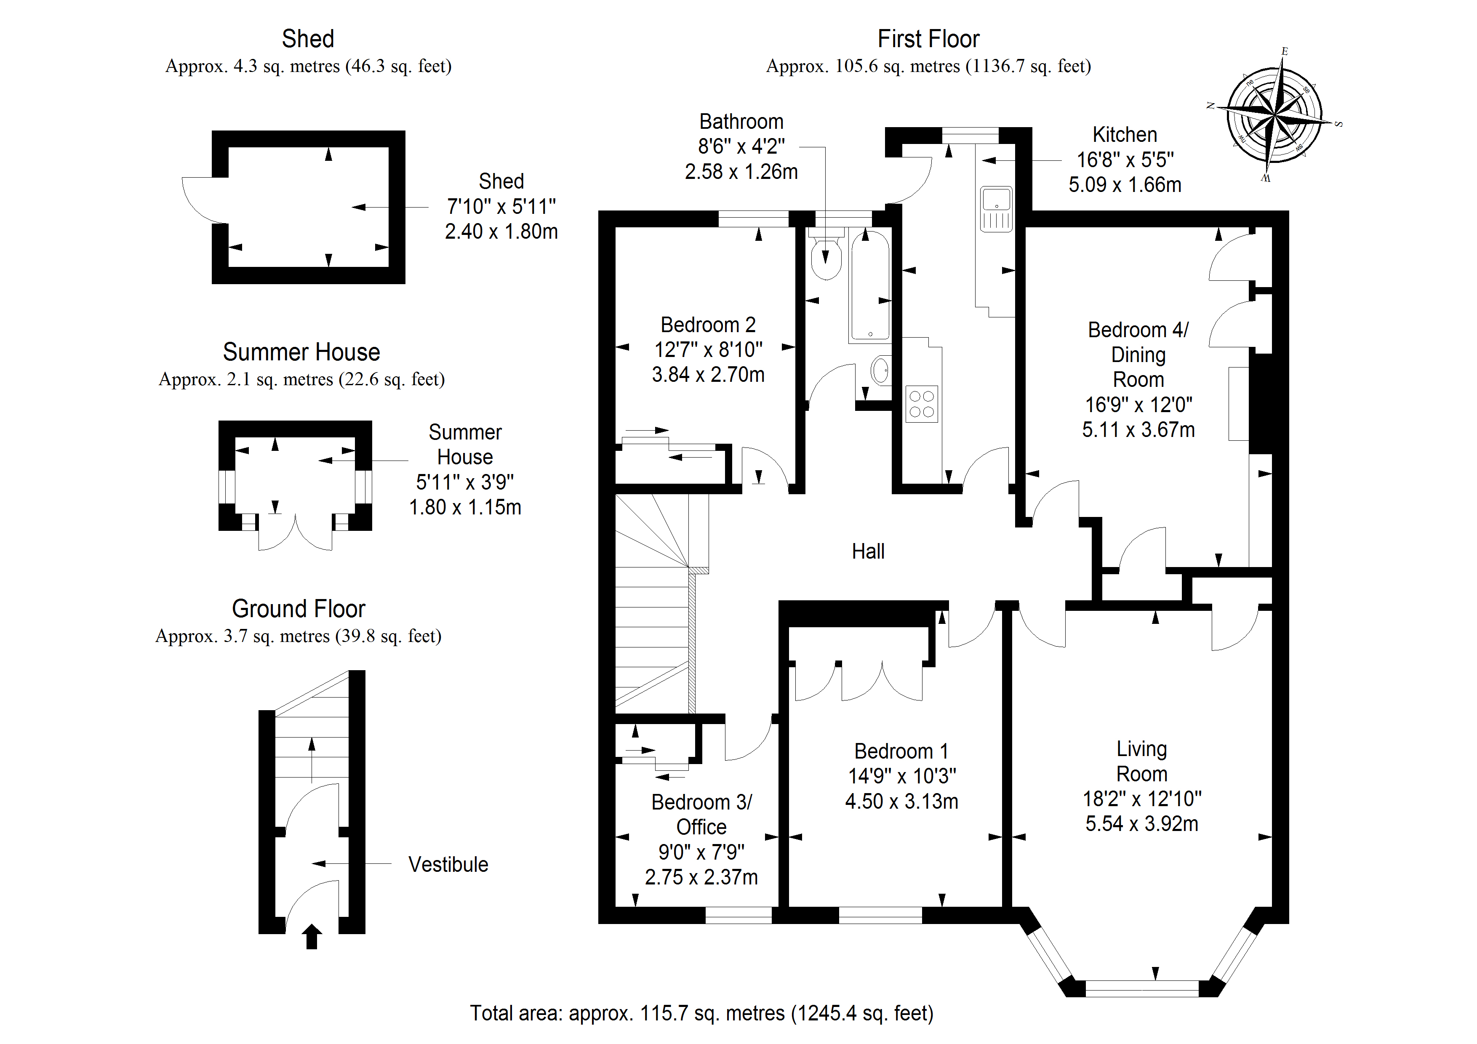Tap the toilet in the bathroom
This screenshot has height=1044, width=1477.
[x=826, y=256]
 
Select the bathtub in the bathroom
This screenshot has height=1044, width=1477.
[x=870, y=286]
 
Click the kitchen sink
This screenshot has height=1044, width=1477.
[x=996, y=208]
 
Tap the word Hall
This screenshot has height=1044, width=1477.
[x=868, y=551]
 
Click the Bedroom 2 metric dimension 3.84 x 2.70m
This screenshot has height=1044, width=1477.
[x=708, y=374]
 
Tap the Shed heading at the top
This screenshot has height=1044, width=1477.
[x=308, y=39]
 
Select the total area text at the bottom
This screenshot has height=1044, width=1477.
[x=701, y=1013]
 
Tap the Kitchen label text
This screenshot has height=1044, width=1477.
[x=1125, y=134]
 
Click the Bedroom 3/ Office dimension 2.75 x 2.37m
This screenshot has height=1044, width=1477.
[x=701, y=877]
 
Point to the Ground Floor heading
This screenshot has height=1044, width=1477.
[x=299, y=609]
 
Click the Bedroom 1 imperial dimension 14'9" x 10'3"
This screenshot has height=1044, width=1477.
[x=902, y=776]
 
